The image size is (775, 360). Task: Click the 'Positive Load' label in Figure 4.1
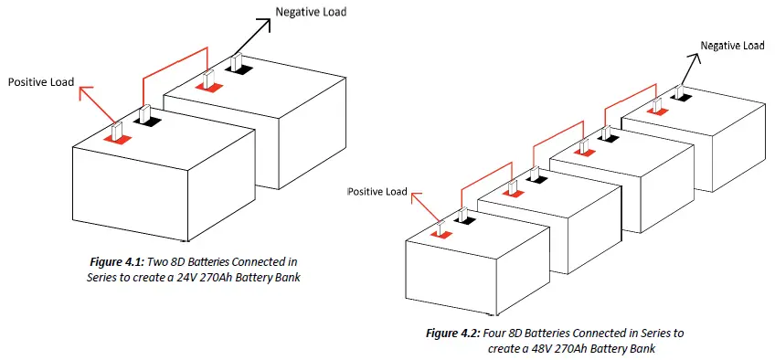click(x=42, y=82)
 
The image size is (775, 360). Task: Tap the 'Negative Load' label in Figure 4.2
click(x=732, y=46)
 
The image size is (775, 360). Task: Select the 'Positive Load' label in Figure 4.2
click(x=377, y=192)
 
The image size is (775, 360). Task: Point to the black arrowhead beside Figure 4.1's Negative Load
click(x=270, y=24)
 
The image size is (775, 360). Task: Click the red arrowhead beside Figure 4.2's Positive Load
click(x=415, y=194)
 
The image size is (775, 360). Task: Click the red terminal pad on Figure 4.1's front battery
click(x=117, y=138)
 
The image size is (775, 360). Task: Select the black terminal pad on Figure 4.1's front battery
click(x=148, y=120)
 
